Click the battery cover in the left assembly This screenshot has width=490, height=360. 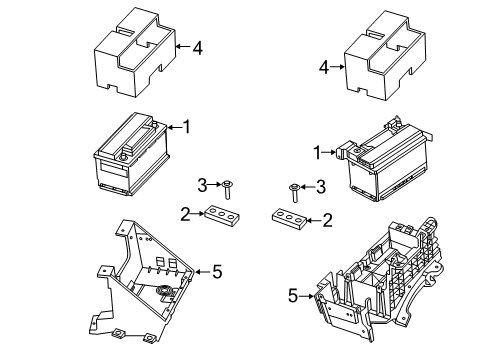[134, 52]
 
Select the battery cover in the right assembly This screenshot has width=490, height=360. [385, 55]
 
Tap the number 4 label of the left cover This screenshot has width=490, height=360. [198, 46]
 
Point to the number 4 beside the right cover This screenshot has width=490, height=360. [324, 67]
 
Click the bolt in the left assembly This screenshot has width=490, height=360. [229, 186]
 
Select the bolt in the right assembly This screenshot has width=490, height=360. [294, 189]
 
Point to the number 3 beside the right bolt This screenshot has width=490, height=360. [321, 185]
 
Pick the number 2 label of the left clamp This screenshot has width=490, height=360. [184, 212]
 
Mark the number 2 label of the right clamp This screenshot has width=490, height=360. [325, 219]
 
